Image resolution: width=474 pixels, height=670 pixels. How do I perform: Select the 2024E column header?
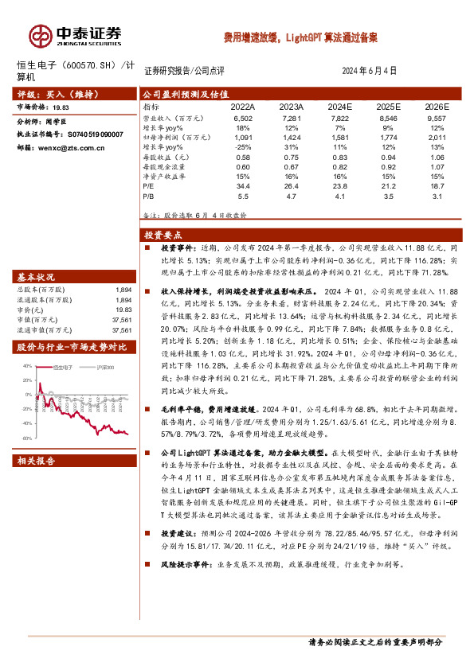click(340, 106)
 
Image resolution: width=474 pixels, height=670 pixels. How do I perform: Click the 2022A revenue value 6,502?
click(243, 118)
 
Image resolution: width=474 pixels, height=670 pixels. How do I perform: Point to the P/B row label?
click(149, 195)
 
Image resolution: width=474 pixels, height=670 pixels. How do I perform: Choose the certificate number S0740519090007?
click(91, 134)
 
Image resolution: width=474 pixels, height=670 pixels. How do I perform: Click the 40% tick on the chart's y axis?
click(27, 366)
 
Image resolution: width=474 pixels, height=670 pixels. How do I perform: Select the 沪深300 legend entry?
click(106, 368)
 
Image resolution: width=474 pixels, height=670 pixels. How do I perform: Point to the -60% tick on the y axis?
click(26, 438)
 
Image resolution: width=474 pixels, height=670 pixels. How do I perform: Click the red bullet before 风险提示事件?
click(149, 565)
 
